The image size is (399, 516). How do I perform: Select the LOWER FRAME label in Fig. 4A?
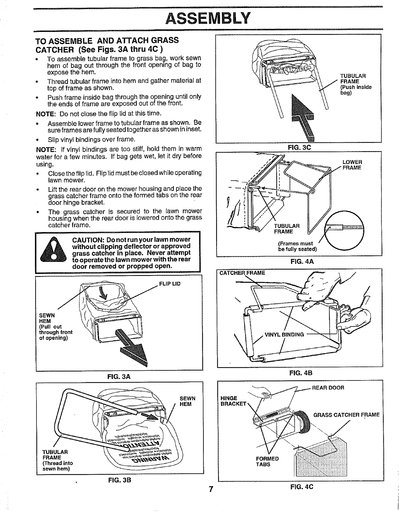click(352, 165)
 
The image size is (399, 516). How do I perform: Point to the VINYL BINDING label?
click(284, 334)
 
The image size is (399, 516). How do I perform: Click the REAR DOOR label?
click(328, 388)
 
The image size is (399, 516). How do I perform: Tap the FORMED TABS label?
click(267, 461)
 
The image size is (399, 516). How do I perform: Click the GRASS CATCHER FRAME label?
click(346, 415)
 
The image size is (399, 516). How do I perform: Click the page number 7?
click(211, 489)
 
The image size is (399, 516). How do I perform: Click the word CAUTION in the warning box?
click(87, 240)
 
